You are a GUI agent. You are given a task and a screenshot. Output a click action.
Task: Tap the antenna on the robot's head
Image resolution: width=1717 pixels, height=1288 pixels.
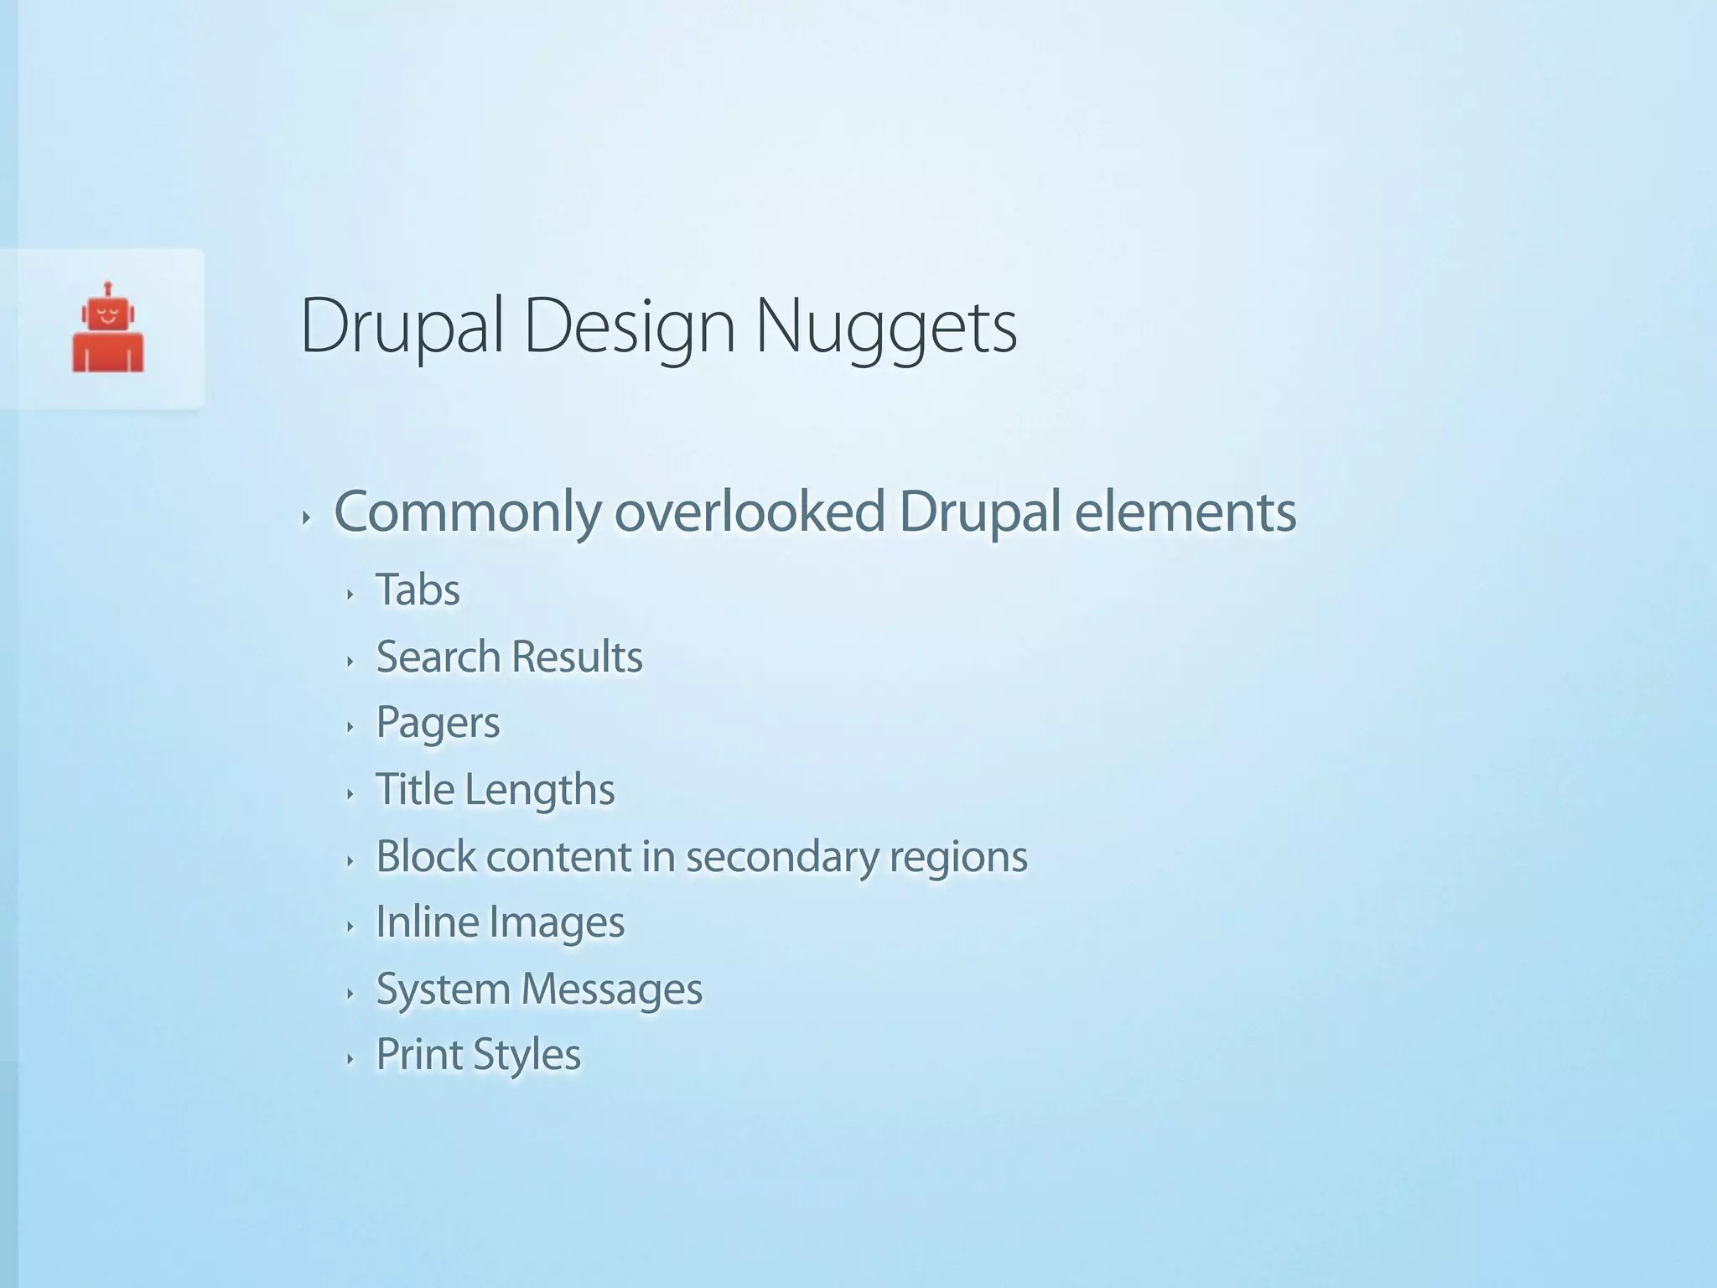108,288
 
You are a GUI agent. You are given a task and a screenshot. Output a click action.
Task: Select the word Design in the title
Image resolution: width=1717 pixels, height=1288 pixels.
629,327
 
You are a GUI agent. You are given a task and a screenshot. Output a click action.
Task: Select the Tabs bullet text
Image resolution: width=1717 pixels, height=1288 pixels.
418,589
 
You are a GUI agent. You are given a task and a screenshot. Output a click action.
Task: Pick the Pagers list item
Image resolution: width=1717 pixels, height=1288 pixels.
438,724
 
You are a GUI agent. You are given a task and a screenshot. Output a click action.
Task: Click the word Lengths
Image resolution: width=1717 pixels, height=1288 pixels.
540,790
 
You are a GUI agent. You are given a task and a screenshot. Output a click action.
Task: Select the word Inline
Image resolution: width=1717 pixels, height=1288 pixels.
427,922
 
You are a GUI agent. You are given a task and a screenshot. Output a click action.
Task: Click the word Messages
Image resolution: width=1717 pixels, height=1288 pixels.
611,989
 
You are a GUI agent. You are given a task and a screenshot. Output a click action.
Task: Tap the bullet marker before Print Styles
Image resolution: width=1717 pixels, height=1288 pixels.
350,1059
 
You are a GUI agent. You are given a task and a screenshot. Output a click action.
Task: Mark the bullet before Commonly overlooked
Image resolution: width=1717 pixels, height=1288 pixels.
307,518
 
